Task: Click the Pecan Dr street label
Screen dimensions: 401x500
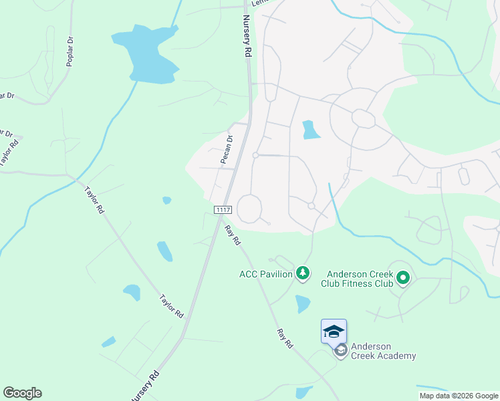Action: pos(227,150)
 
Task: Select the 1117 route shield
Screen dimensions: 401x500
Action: pos(223,210)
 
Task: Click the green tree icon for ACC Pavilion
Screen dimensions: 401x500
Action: pos(303,273)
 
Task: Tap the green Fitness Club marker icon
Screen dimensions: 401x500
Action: pos(402,277)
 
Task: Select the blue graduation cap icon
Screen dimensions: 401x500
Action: pos(334,331)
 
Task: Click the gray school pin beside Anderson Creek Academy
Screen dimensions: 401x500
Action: pos(341,350)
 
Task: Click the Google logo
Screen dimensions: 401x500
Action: pos(22,393)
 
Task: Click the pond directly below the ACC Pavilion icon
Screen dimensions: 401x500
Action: pos(303,304)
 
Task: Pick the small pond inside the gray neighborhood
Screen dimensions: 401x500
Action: pos(311,130)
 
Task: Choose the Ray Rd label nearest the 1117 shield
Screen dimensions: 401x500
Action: pos(233,235)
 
